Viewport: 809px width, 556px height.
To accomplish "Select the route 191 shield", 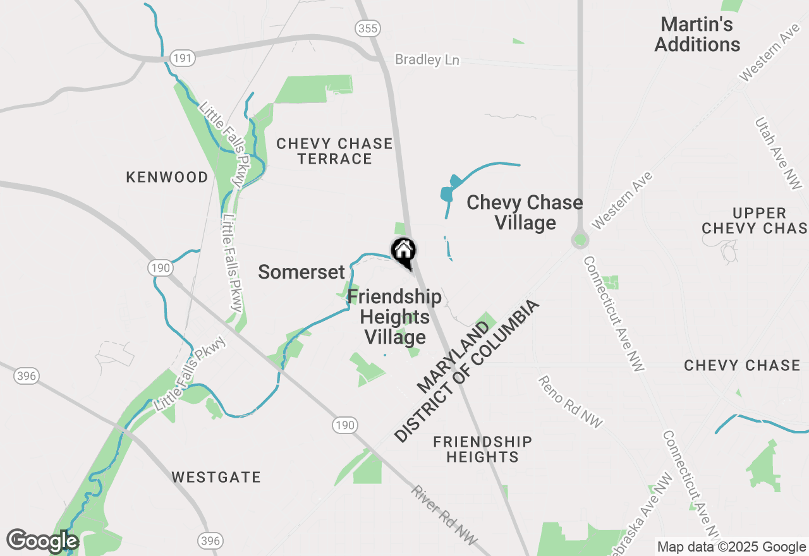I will [x=183, y=58].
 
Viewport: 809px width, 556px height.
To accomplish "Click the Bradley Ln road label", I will [x=427, y=60].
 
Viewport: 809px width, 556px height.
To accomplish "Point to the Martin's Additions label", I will [x=697, y=35].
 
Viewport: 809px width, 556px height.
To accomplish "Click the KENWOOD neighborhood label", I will [x=167, y=177].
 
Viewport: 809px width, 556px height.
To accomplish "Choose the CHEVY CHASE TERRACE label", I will [x=334, y=151].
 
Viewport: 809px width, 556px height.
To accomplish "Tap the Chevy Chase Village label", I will [x=525, y=212].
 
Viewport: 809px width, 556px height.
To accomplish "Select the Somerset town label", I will [x=301, y=272].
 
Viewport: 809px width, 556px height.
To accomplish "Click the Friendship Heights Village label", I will [x=394, y=317].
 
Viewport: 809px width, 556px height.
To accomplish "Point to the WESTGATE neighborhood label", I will [x=216, y=477].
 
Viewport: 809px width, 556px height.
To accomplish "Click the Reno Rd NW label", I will [x=570, y=402].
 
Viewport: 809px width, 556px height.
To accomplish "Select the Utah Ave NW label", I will [x=777, y=152].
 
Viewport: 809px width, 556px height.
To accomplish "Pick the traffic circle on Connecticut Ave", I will [x=580, y=240].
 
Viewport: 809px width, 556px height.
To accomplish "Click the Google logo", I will [x=42, y=541].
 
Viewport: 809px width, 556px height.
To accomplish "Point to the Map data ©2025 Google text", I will [x=731, y=547].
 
